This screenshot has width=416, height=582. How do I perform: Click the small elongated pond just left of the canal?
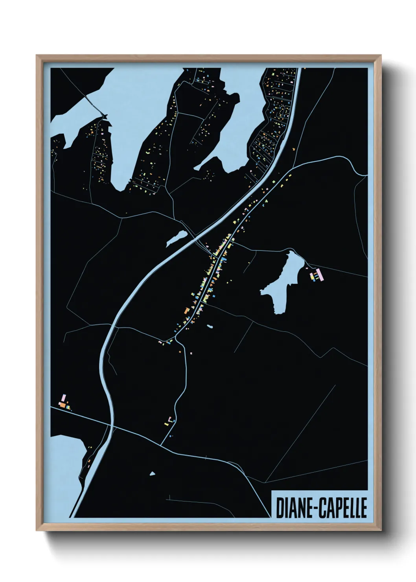coord(177,238)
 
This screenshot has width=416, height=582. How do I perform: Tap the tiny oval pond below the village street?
coord(210,326)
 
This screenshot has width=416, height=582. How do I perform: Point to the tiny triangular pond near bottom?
coord(152,473)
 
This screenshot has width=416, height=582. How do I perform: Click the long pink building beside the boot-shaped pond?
coord(320,274)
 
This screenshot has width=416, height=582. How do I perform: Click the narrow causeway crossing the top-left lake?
coord(93,103)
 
